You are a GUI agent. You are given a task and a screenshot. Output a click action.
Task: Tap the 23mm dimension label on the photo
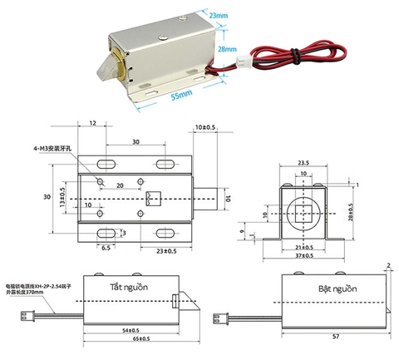(x=219, y=15)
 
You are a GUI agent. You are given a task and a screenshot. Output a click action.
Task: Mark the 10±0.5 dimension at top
(x=204, y=127)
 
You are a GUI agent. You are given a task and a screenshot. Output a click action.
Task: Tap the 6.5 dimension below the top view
(x=106, y=248)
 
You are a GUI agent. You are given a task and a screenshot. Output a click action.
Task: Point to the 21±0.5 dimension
(x=303, y=247)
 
